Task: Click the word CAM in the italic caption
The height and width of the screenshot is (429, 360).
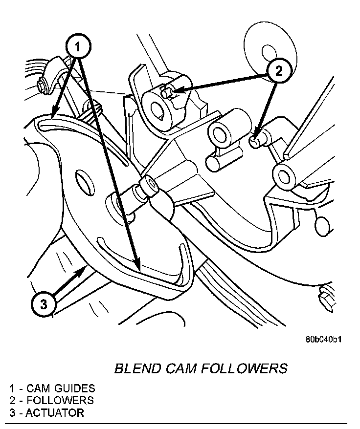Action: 183,368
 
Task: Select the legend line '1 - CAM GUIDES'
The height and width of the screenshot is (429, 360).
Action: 52,389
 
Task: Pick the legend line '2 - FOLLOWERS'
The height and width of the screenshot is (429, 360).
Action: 51,401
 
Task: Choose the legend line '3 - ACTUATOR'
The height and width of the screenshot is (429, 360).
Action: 46,413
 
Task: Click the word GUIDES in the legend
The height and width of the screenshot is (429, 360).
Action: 74,389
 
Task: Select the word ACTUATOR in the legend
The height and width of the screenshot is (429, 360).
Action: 55,413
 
